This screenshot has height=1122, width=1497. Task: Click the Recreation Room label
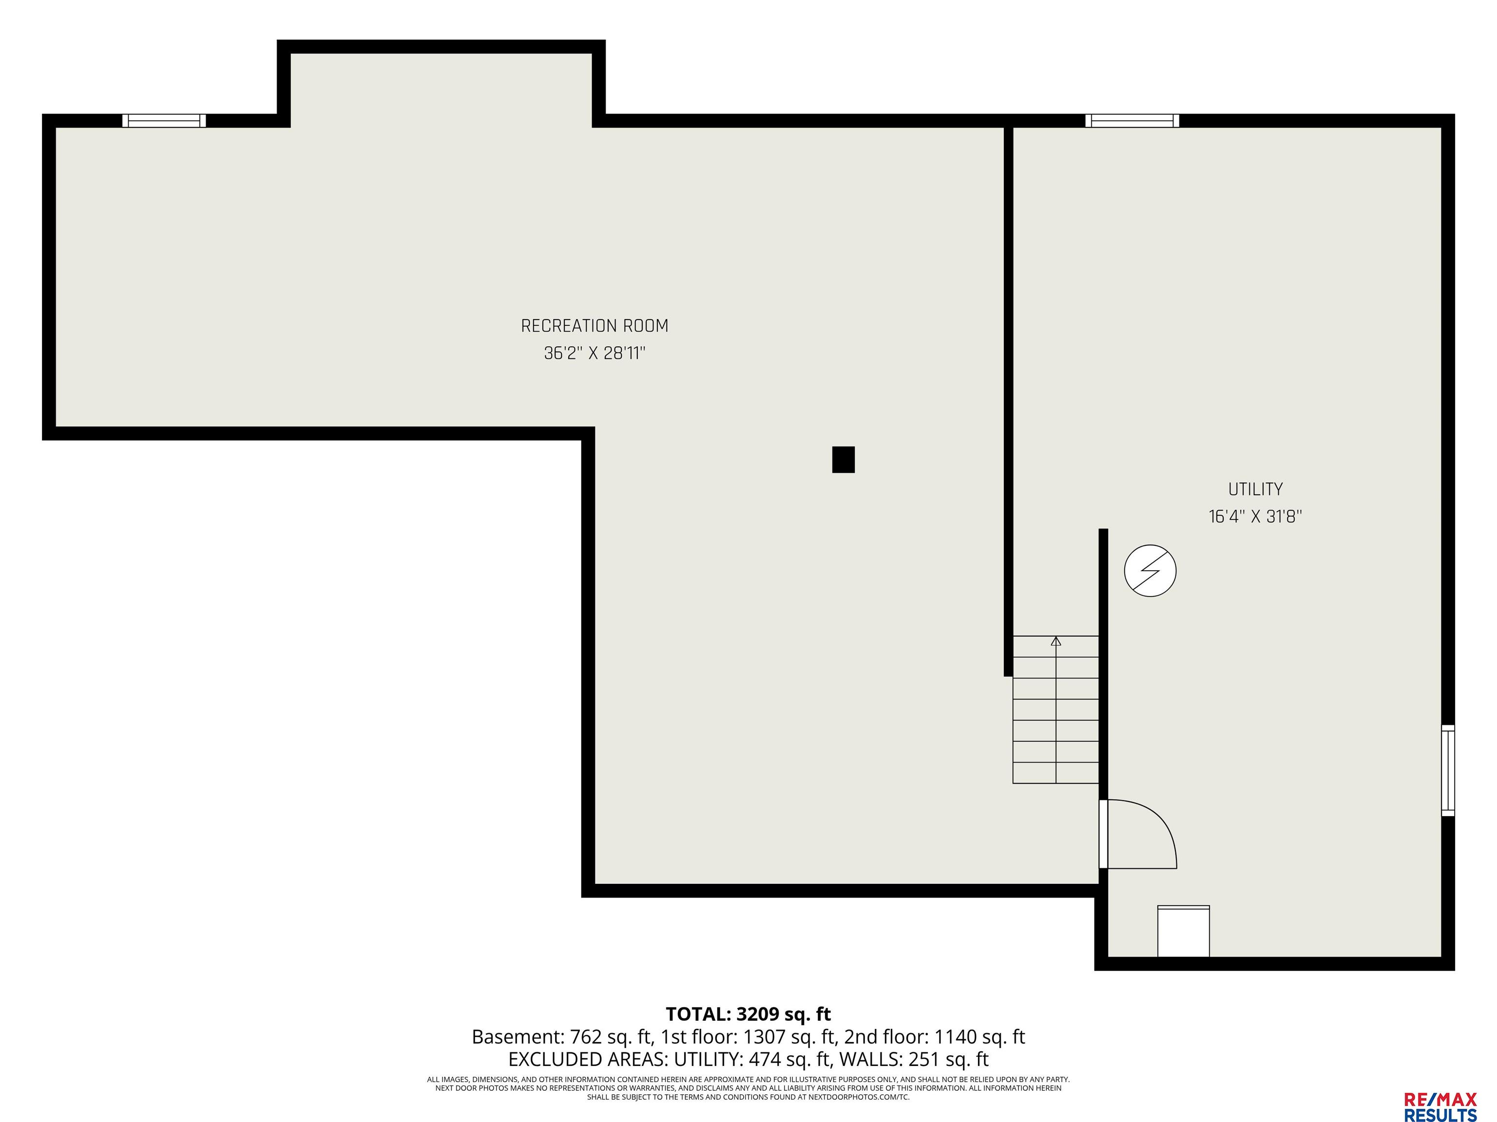tap(594, 326)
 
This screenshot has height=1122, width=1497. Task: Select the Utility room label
tap(1255, 489)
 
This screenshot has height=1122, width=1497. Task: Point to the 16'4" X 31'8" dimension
tap(1255, 517)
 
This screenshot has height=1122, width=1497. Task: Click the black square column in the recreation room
tap(843, 459)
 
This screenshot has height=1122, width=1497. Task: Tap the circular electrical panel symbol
tap(1150, 571)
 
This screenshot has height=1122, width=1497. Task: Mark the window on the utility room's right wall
tap(1448, 770)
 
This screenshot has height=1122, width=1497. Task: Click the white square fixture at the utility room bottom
tap(1183, 931)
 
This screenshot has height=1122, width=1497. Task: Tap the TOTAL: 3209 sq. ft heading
tap(748, 1014)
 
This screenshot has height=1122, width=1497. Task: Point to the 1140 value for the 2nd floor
tap(956, 1037)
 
